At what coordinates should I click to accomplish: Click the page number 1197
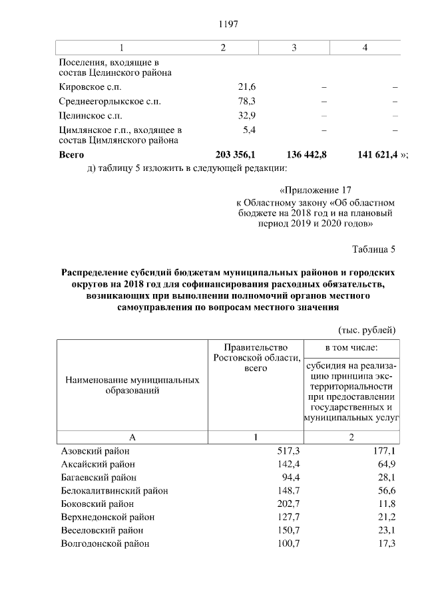[228, 24]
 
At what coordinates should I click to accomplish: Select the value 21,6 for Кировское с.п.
[247, 87]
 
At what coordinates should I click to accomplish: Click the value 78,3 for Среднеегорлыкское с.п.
[247, 102]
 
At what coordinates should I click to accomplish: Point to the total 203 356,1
[236, 154]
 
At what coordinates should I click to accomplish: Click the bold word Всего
[72, 154]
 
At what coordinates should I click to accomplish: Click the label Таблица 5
[373, 249]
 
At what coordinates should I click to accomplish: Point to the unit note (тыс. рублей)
[367, 329]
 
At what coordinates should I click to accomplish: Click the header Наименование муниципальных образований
[132, 385]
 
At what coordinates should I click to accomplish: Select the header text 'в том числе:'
[351, 347]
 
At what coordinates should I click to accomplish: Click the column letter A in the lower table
[132, 437]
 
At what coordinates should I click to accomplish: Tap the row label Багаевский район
[99, 478]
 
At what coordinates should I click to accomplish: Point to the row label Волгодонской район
[105, 543]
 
